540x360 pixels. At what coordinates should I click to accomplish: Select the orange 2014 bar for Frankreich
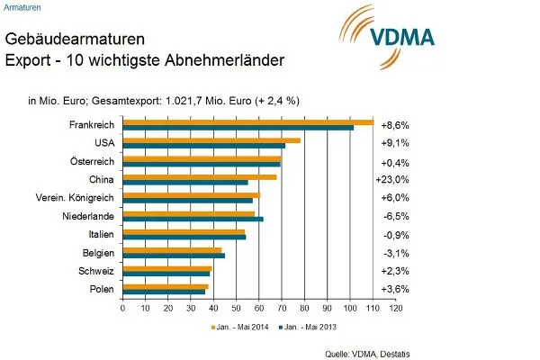[247, 122]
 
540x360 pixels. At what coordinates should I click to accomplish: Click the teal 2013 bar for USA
[203, 145]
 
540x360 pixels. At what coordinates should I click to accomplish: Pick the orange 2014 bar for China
[199, 176]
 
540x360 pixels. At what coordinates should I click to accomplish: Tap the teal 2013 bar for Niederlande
[193, 219]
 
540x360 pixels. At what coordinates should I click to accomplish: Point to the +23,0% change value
[395, 180]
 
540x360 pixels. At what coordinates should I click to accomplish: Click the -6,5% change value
[395, 216]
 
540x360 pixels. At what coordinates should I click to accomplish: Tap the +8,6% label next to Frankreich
[395, 125]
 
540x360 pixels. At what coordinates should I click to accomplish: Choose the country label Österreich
[88, 161]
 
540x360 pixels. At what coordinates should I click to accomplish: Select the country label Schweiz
[94, 270]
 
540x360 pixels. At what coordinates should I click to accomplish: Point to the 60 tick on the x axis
[258, 308]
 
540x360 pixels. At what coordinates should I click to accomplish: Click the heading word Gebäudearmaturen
[72, 40]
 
